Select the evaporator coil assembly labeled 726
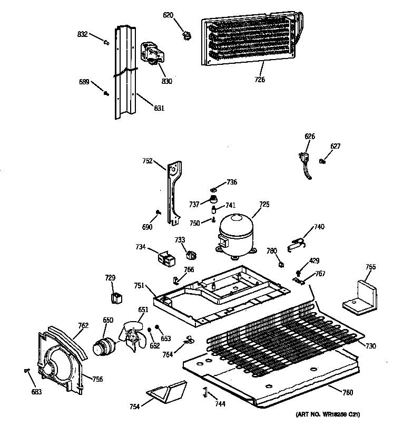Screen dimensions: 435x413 (251, 42)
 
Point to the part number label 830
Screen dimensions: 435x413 (167, 82)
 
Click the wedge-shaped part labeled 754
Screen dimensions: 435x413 (166, 393)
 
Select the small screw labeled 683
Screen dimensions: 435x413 (26, 371)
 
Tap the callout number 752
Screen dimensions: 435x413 (147, 161)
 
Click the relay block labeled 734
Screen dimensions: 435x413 (162, 258)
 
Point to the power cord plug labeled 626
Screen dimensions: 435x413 (303, 159)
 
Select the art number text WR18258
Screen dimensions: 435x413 (340, 414)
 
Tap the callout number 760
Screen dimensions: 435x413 (347, 392)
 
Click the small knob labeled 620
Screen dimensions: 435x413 (185, 36)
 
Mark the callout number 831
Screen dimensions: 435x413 (159, 108)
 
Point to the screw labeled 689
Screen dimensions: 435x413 (106, 93)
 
